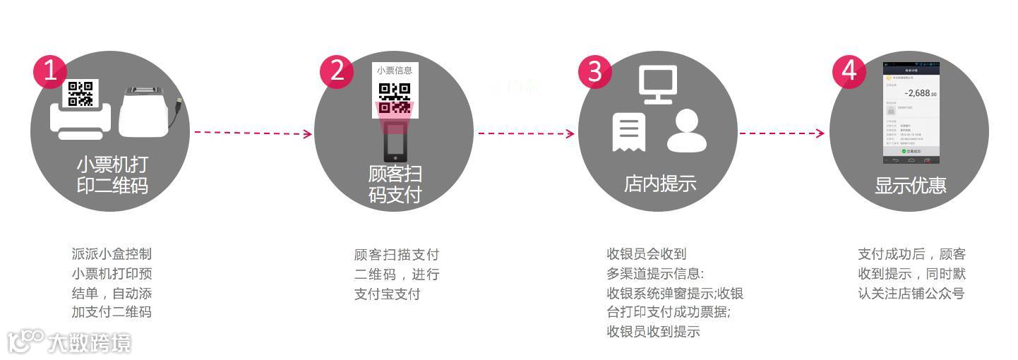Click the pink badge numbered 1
[x=49, y=71]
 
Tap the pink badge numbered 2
[x=336, y=71]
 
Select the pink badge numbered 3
[x=594, y=71]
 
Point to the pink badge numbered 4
[x=849, y=71]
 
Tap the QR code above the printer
[x=80, y=93]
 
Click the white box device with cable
[x=146, y=112]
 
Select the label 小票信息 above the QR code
[x=395, y=70]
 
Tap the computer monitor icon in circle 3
[x=658, y=84]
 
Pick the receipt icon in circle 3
[x=629, y=131]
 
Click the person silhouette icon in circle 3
[x=686, y=131]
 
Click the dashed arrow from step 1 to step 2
[x=253, y=133]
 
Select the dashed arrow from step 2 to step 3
[x=526, y=133]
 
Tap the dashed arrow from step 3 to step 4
[x=782, y=133]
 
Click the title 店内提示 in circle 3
[x=660, y=184]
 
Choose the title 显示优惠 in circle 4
[x=910, y=186]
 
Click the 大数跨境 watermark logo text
[x=89, y=344]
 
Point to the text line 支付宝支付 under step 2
[x=387, y=294]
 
